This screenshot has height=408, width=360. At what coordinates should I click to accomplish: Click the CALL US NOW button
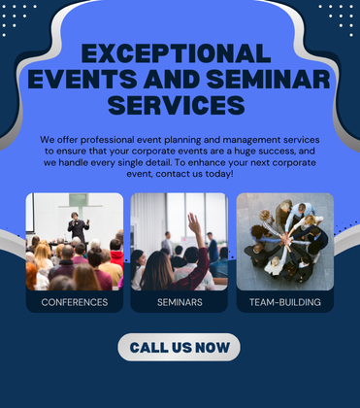point(180,347)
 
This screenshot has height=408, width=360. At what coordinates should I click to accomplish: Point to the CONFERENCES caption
point(75,302)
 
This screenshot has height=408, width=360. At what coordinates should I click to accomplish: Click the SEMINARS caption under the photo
point(180,302)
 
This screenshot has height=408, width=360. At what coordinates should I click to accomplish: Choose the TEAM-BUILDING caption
point(284,302)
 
